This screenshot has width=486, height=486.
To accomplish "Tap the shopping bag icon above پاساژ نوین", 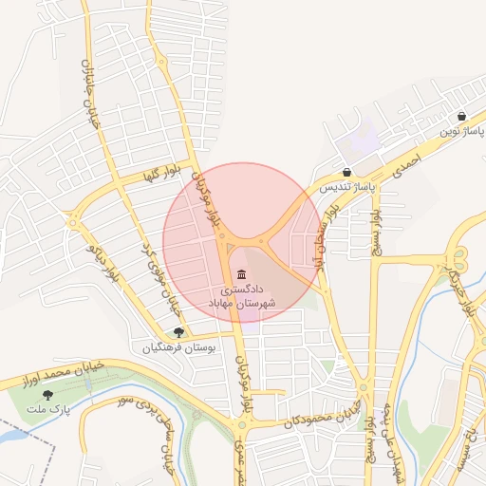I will click(x=461, y=116).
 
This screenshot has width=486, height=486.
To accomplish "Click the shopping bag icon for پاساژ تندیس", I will click(x=346, y=173).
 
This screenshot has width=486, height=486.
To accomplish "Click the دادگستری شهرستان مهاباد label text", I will click(x=248, y=294).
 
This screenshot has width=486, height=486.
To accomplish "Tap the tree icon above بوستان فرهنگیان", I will click(x=178, y=332).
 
